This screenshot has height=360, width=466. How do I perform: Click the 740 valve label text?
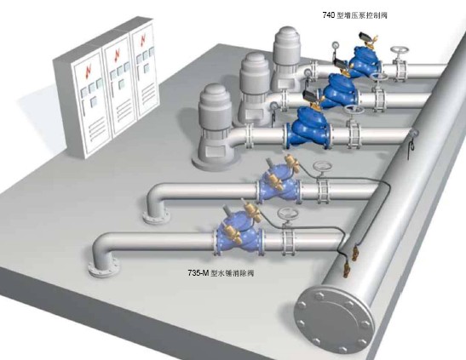[355, 15]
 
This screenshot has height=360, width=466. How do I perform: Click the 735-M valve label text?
[221, 273]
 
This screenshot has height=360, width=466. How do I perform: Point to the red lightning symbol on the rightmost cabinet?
[143, 40]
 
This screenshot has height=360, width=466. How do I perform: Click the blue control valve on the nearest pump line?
[310, 128]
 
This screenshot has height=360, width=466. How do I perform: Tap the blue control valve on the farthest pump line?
[365, 61]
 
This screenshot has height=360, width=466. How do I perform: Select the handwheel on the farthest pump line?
[398, 50]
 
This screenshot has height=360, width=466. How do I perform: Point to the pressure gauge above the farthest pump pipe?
[336, 45]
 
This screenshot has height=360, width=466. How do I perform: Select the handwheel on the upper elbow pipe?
[321, 167]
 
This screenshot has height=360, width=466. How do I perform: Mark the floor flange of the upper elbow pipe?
[156, 218]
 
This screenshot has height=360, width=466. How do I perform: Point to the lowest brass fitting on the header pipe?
[347, 270]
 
